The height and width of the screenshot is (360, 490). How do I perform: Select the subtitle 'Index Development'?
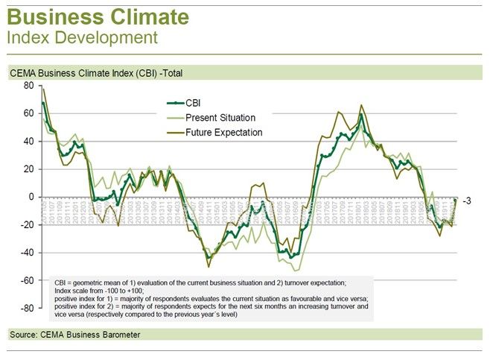click(x=82, y=36)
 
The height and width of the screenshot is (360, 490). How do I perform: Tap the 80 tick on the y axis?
click(x=29, y=86)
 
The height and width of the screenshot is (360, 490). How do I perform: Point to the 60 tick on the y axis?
click(x=29, y=113)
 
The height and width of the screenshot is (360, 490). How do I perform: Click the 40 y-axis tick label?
click(x=29, y=141)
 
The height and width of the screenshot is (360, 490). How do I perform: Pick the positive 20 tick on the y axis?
click(x=29, y=169)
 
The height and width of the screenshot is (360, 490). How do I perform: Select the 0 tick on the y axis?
click(x=31, y=197)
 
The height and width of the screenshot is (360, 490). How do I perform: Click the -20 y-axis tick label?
click(x=28, y=225)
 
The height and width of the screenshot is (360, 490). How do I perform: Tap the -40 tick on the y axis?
click(x=28, y=253)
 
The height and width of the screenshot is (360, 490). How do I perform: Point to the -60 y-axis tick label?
click(x=28, y=280)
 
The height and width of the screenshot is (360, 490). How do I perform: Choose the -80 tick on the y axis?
click(x=28, y=308)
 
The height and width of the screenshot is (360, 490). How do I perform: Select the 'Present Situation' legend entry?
click(x=220, y=118)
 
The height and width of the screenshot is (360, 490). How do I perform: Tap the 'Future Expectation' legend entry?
click(x=223, y=133)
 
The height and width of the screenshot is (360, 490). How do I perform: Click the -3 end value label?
click(x=468, y=201)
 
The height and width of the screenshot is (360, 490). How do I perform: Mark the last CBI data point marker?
click(x=455, y=200)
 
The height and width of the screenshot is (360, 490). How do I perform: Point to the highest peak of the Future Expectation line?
click(x=361, y=105)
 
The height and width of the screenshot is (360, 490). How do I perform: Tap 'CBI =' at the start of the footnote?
click(x=66, y=284)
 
